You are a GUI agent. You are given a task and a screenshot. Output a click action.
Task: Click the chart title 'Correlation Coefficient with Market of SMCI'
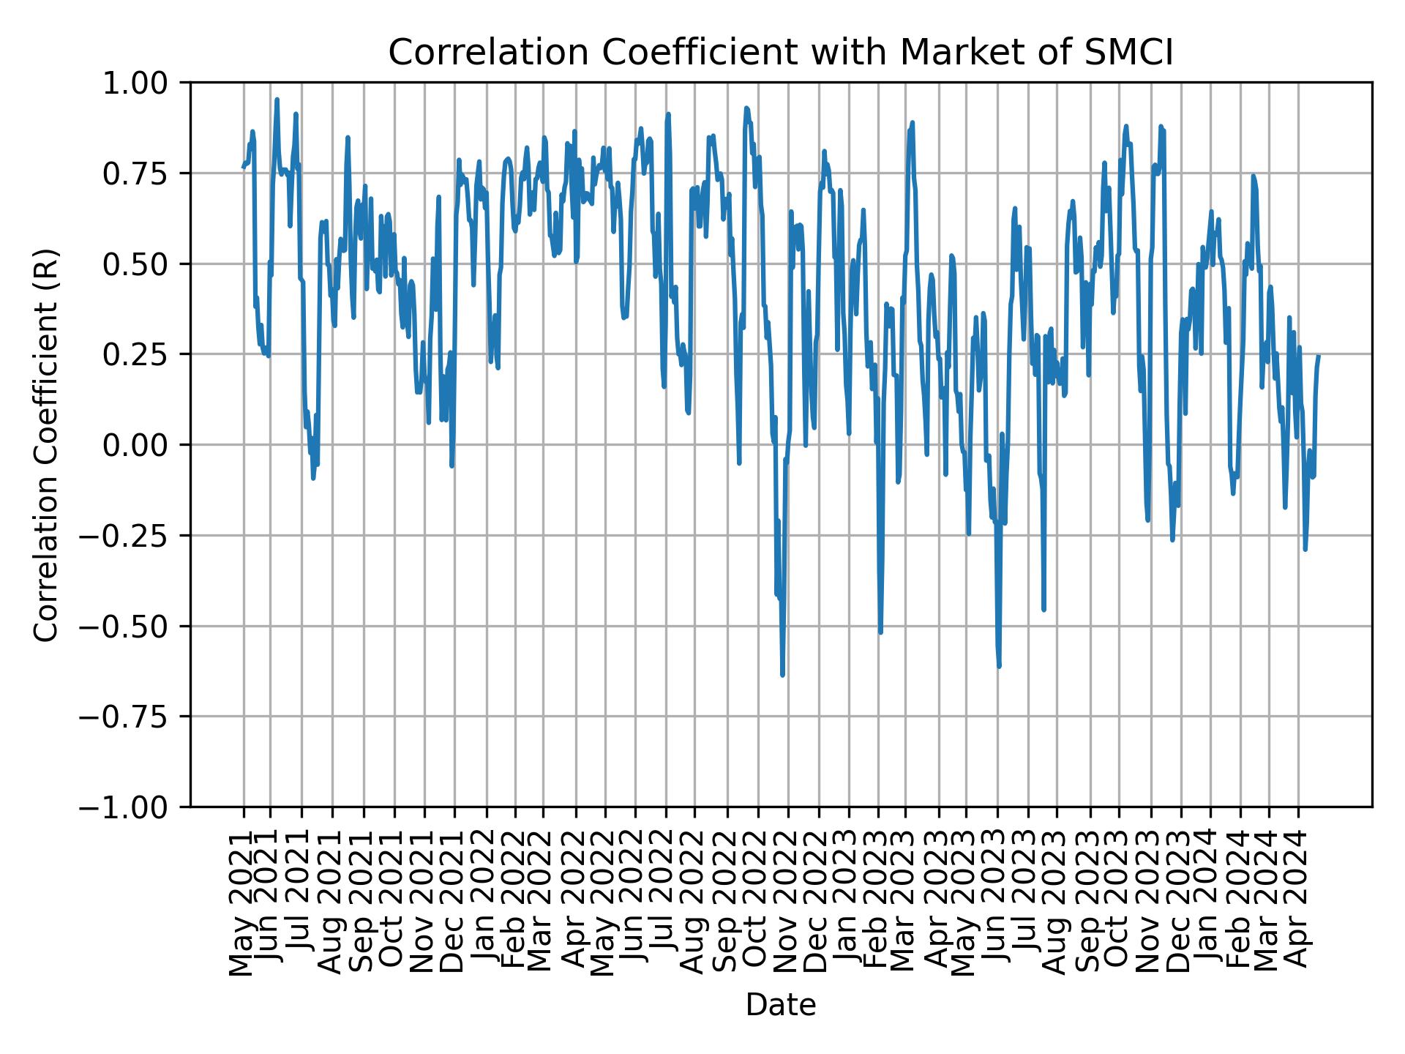pos(780,53)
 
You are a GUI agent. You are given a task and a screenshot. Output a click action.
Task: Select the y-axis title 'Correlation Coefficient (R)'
pos(45,445)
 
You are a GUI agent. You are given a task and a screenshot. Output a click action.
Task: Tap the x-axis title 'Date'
pos(780,1006)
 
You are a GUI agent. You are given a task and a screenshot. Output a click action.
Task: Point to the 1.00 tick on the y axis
pos(144,83)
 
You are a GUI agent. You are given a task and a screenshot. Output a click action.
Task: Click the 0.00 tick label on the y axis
pos(144,445)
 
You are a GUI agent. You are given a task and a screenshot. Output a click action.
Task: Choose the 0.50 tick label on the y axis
pos(144,264)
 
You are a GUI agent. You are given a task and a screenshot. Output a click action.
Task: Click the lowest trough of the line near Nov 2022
pos(782,675)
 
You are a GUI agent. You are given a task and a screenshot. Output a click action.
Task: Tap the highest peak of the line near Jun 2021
pos(277,99)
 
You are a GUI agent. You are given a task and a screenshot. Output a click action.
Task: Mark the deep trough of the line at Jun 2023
pos(999,666)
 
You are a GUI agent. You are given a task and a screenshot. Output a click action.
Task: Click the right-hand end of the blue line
pos(1319,356)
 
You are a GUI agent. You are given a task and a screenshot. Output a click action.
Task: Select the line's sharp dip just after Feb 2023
pos(880,632)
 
